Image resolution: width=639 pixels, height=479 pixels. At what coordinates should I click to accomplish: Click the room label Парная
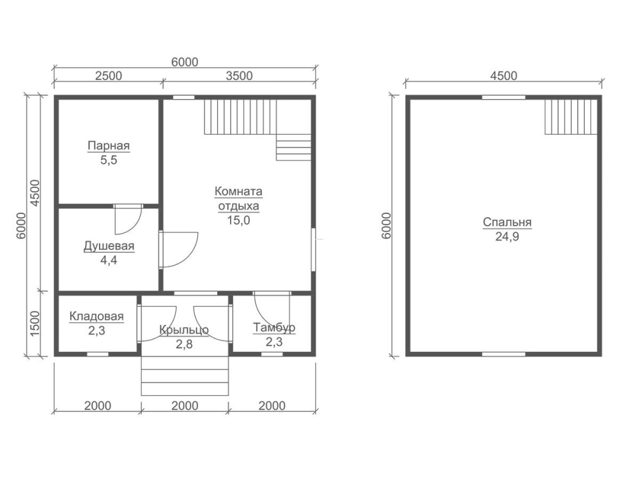coord(109,146)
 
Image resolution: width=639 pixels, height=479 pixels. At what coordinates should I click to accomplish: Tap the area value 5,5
coord(109,160)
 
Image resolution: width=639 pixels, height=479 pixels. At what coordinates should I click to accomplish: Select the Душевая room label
coord(109,246)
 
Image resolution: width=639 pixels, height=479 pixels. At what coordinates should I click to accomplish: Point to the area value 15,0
coord(238,220)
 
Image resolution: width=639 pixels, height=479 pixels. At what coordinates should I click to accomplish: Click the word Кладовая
coord(96,316)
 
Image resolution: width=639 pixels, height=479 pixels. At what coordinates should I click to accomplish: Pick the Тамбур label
coord(274,328)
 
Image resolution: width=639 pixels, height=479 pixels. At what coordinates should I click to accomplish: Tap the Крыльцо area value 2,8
coord(184,345)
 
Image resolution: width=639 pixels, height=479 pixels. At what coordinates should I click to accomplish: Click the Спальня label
coord(507,222)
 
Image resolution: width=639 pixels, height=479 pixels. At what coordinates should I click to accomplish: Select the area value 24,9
coord(507,237)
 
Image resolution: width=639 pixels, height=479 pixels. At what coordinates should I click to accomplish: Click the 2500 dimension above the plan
coord(109,76)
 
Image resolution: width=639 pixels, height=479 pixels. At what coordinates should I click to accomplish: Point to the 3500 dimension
coord(239,76)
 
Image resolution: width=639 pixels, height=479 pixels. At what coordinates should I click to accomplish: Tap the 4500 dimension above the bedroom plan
coord(504,76)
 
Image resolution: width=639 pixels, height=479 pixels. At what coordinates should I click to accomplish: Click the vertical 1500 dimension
coord(35,323)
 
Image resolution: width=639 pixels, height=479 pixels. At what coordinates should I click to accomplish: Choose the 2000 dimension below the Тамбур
coord(272,406)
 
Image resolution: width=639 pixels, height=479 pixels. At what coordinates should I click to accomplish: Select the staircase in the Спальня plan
coord(571,117)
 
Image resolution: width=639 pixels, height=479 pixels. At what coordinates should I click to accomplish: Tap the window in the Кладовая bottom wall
coord(98,354)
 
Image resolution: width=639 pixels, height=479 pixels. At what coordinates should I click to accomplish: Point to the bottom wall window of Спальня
coord(504,354)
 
